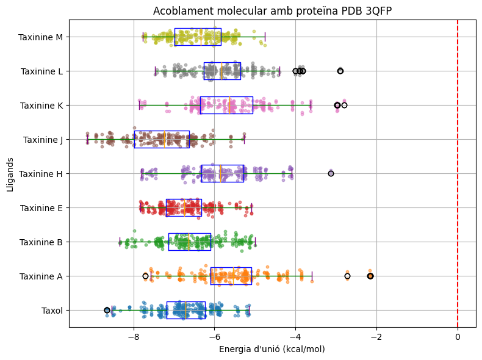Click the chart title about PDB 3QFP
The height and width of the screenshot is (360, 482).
click(x=272, y=11)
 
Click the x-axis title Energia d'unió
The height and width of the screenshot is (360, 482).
click(x=272, y=349)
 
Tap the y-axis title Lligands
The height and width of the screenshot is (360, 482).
click(x=11, y=173)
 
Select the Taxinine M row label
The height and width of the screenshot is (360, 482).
click(x=40, y=37)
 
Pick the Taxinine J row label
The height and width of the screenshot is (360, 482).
click(x=43, y=139)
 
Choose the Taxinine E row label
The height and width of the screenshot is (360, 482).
click(x=41, y=207)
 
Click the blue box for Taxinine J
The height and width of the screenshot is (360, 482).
click(x=162, y=139)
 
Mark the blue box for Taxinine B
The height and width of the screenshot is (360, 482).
click(x=190, y=242)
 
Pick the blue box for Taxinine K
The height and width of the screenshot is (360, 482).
click(x=226, y=105)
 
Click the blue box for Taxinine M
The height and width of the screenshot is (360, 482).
click(x=198, y=37)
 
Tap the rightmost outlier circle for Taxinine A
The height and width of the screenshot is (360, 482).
click(x=370, y=276)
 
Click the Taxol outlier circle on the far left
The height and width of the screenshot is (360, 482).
click(x=107, y=310)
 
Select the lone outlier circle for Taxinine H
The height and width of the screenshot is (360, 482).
click(x=331, y=173)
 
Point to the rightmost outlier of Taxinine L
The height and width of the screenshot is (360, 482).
click(x=340, y=71)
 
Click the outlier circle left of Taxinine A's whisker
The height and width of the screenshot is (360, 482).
click(x=145, y=276)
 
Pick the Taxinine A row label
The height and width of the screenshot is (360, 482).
click(x=41, y=276)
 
